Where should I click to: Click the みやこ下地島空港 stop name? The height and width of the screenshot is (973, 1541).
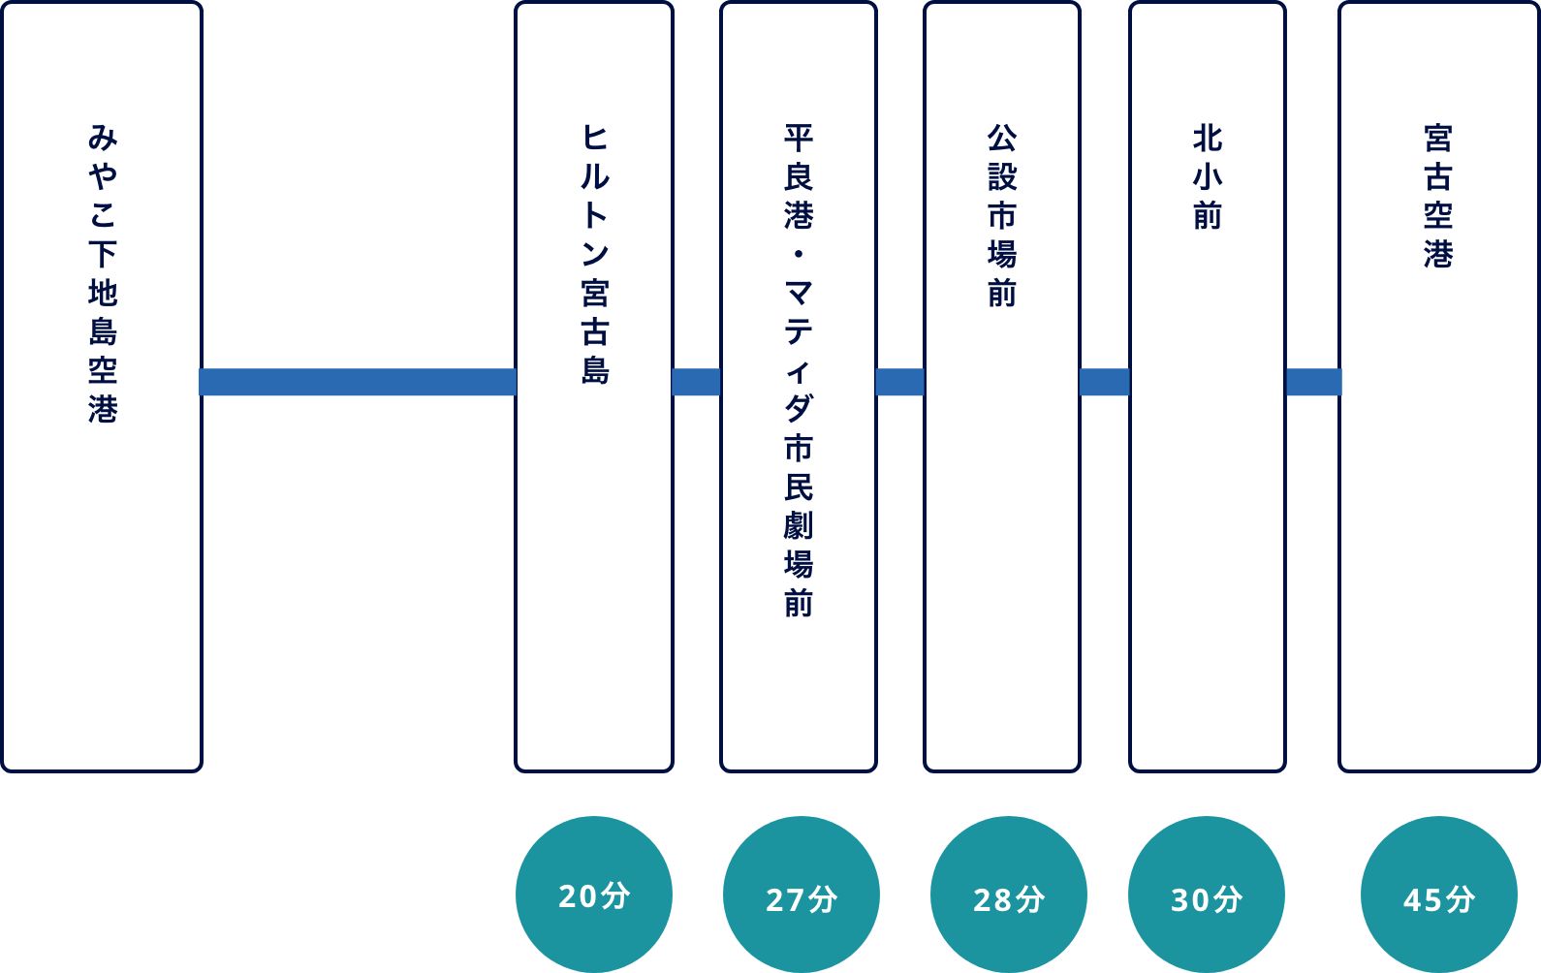102,273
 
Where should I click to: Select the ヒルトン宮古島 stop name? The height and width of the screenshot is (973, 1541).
594,254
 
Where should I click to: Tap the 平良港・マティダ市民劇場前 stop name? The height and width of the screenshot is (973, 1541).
798,370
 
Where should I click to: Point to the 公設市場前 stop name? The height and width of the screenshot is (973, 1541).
1001,215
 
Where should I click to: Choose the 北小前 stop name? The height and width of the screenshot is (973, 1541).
1207,176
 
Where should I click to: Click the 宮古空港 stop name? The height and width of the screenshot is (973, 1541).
1438,196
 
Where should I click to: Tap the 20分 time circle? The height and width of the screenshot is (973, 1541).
594,895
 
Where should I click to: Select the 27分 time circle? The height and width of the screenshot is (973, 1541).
801,896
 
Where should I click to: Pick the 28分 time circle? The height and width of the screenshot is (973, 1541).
1008,896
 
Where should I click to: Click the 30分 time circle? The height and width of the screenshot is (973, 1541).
1207,896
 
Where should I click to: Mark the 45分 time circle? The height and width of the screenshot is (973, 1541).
1438,896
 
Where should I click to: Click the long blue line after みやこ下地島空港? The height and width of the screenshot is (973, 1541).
358,382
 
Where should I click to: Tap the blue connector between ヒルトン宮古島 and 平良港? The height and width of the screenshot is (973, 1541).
696,382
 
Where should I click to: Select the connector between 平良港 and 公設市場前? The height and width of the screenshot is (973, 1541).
899,382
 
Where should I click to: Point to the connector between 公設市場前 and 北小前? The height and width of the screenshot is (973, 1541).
1104,382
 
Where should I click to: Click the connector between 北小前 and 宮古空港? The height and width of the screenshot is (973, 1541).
1312,382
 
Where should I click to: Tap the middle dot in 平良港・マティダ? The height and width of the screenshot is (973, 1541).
798,254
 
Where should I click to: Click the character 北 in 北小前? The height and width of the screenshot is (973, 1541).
1207,139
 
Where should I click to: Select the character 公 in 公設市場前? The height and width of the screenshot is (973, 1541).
1001,139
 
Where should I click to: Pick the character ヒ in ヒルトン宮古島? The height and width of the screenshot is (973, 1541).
594,138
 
